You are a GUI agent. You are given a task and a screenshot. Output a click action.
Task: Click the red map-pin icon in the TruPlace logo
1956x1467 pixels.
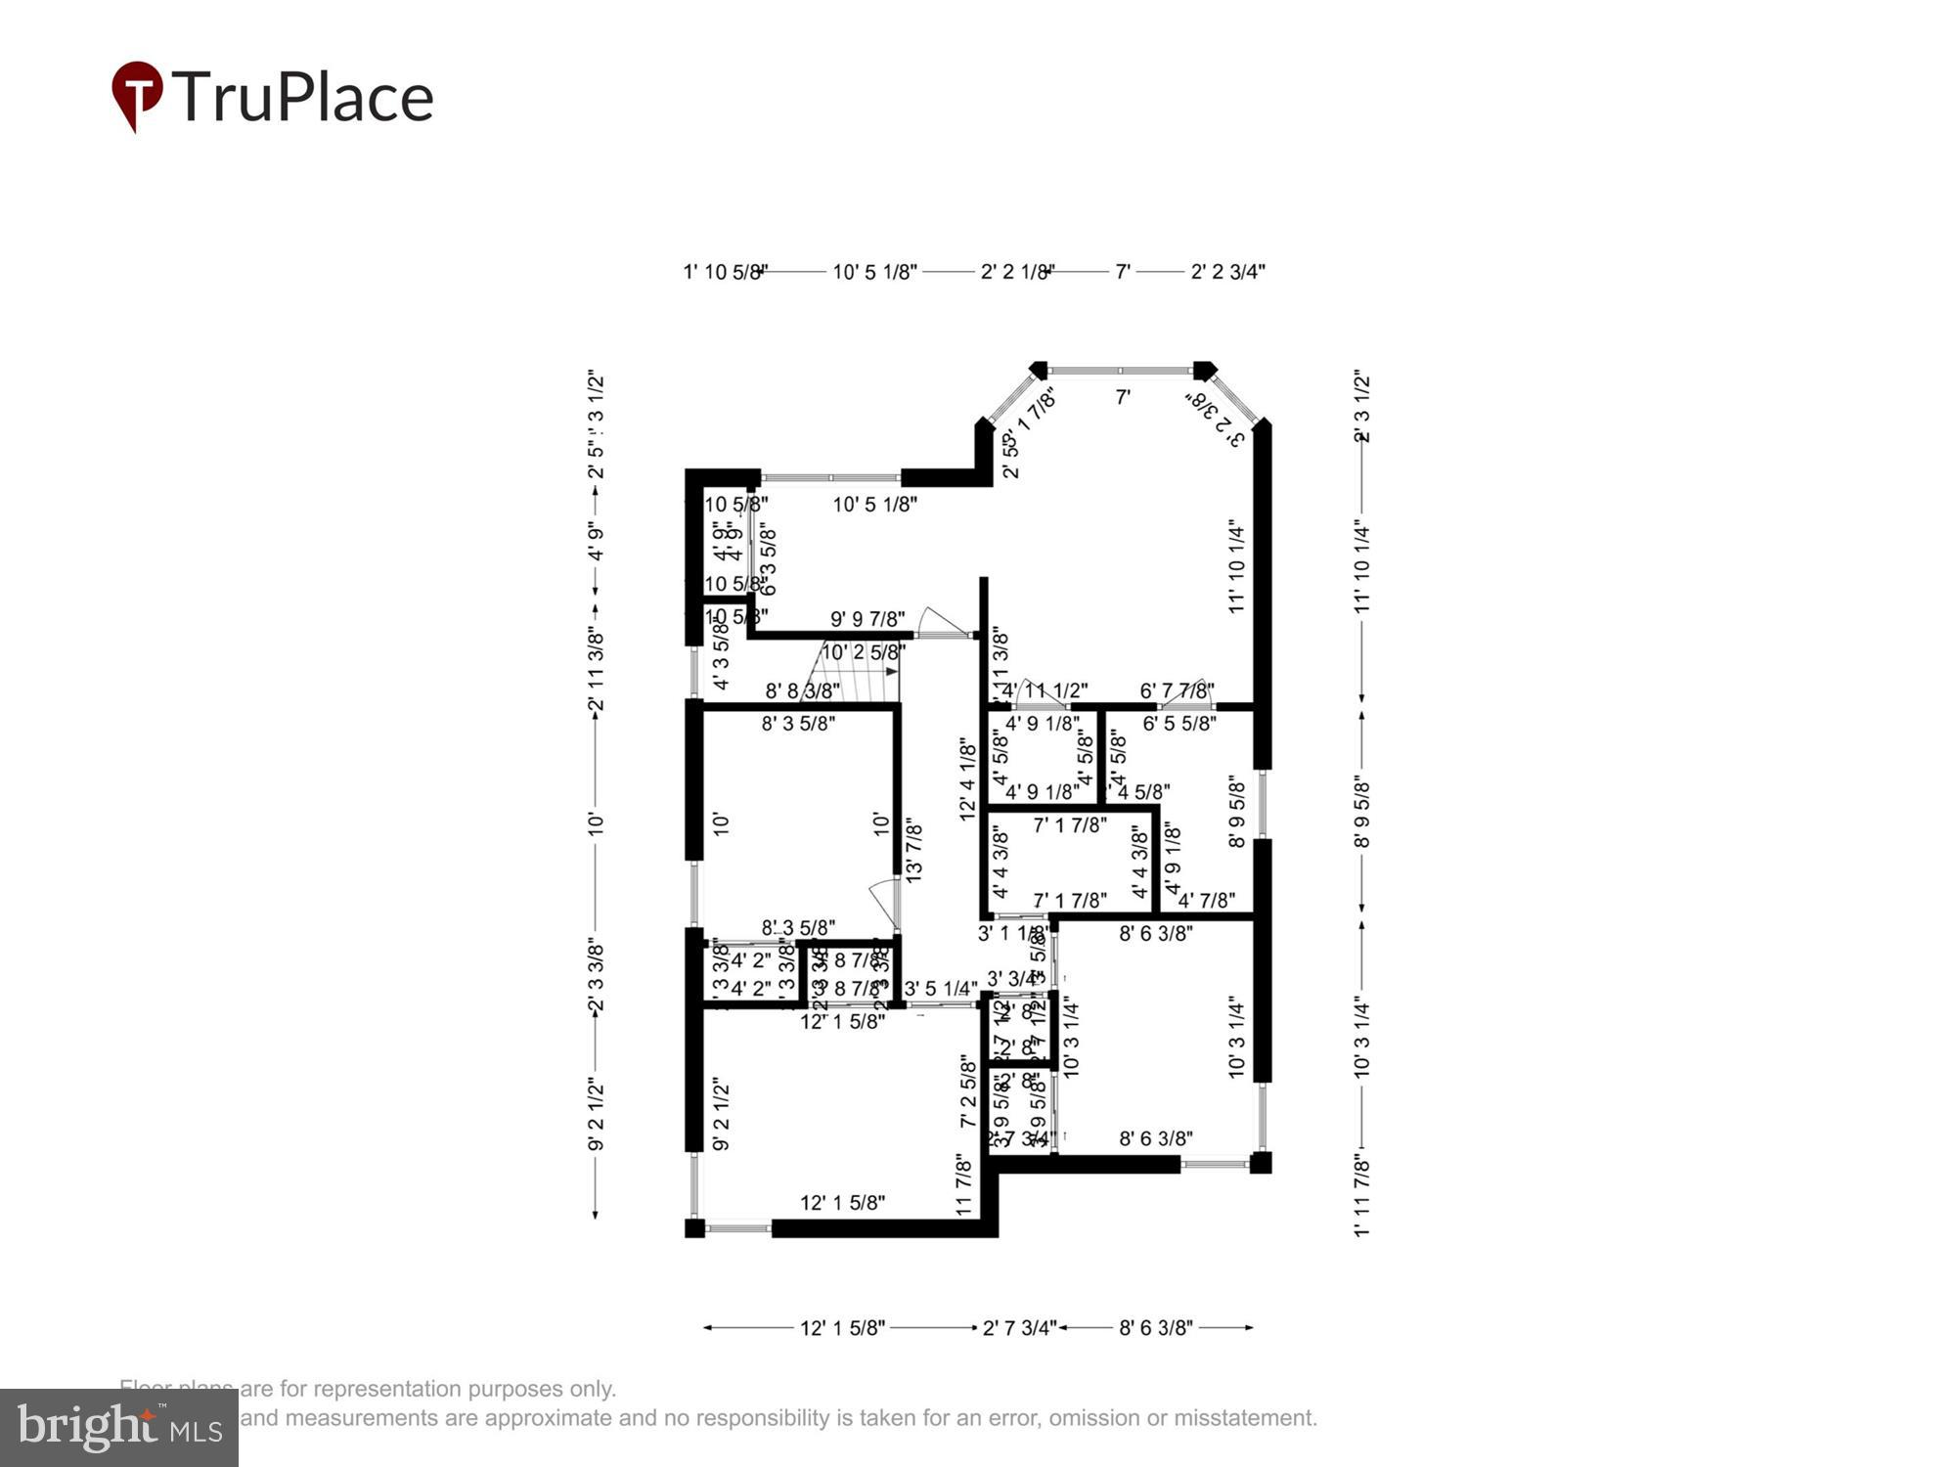(137, 94)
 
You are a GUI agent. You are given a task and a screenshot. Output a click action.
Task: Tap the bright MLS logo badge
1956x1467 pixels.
(119, 1428)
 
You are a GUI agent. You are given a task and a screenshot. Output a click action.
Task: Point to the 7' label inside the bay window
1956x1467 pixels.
(1124, 397)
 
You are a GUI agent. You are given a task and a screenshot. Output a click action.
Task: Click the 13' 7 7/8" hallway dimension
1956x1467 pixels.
(914, 852)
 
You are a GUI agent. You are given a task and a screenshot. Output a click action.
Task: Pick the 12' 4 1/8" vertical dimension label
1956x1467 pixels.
(968, 779)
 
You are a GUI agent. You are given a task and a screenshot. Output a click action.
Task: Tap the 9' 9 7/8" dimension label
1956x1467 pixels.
(867, 619)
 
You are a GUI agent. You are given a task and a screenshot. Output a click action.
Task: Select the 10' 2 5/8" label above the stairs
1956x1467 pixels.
(862, 652)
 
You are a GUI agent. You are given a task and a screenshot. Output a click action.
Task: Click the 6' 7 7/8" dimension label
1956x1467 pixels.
(1178, 691)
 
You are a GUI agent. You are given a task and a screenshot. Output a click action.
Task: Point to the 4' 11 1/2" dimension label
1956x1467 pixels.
(1045, 691)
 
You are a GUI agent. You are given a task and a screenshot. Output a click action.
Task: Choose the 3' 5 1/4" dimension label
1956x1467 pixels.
(941, 989)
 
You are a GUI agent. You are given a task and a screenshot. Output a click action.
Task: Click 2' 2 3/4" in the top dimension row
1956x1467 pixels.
(1227, 272)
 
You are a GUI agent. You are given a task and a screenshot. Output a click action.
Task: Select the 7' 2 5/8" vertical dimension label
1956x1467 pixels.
(968, 1090)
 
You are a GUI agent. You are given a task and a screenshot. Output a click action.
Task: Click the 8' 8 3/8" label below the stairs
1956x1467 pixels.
(803, 691)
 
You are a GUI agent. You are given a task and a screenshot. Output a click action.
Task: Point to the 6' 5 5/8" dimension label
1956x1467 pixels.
(1179, 724)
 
